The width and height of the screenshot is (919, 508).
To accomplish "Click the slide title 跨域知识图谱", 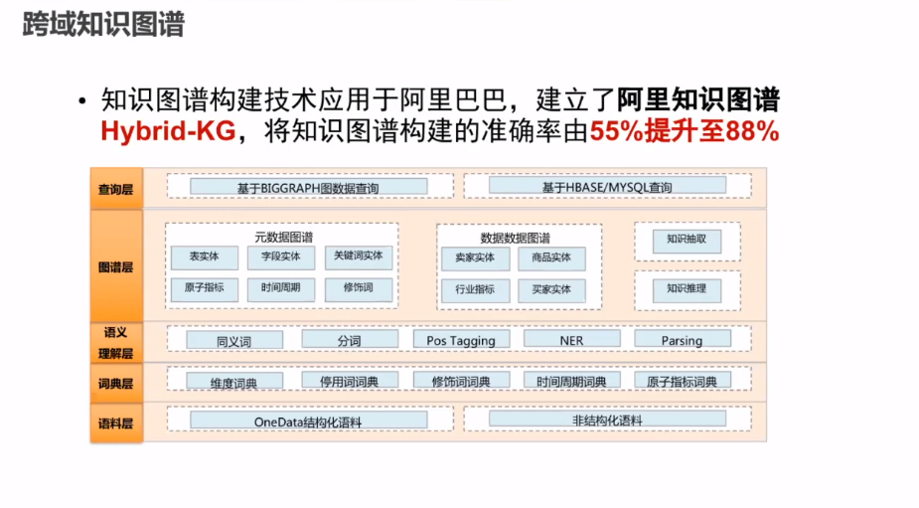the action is pos(103,25).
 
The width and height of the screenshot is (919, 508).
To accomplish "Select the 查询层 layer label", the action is pos(115,188).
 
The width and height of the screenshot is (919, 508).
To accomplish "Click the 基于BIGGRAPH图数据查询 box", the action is pos(308,187).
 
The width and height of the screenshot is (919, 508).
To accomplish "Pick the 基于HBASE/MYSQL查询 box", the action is pos(606,187).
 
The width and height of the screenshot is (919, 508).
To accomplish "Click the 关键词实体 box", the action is pos(359,257).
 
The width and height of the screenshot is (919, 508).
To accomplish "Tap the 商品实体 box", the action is pos(551,258).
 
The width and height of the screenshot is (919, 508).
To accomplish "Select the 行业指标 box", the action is pos(475,290).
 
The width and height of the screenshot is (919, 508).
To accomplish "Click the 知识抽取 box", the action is pos(687,241).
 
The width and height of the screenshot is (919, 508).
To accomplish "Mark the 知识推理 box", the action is pos(687,289).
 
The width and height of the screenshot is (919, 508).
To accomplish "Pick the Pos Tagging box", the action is pos(461,340).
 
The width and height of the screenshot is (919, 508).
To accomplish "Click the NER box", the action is pos(571,340).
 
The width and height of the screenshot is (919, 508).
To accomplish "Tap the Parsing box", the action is pos(682,340).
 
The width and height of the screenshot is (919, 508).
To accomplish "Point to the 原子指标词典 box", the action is pos(682,381).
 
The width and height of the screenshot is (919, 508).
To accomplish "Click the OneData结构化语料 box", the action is pos(308,422).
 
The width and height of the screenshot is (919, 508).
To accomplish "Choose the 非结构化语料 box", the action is pos(607,421).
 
